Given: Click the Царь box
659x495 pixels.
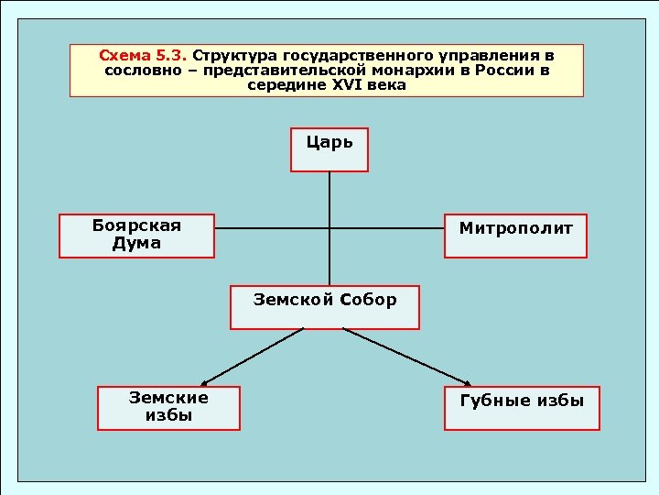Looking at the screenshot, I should point(329,149).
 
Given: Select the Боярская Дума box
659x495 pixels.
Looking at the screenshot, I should point(136,236).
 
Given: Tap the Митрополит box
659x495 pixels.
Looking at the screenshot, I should point(515,236).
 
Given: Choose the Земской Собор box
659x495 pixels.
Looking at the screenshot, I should point(325,307).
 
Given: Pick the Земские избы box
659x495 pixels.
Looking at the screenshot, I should point(168,408).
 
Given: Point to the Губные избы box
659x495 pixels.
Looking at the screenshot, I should point(522,408).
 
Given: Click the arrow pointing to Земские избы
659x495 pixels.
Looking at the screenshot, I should point(252,357).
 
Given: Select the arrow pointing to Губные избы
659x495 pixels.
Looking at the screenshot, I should point(407,357).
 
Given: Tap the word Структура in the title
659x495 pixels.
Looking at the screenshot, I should point(229,56).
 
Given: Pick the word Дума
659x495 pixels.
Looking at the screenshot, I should point(136,244).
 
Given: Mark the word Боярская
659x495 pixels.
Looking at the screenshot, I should point(136,226).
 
